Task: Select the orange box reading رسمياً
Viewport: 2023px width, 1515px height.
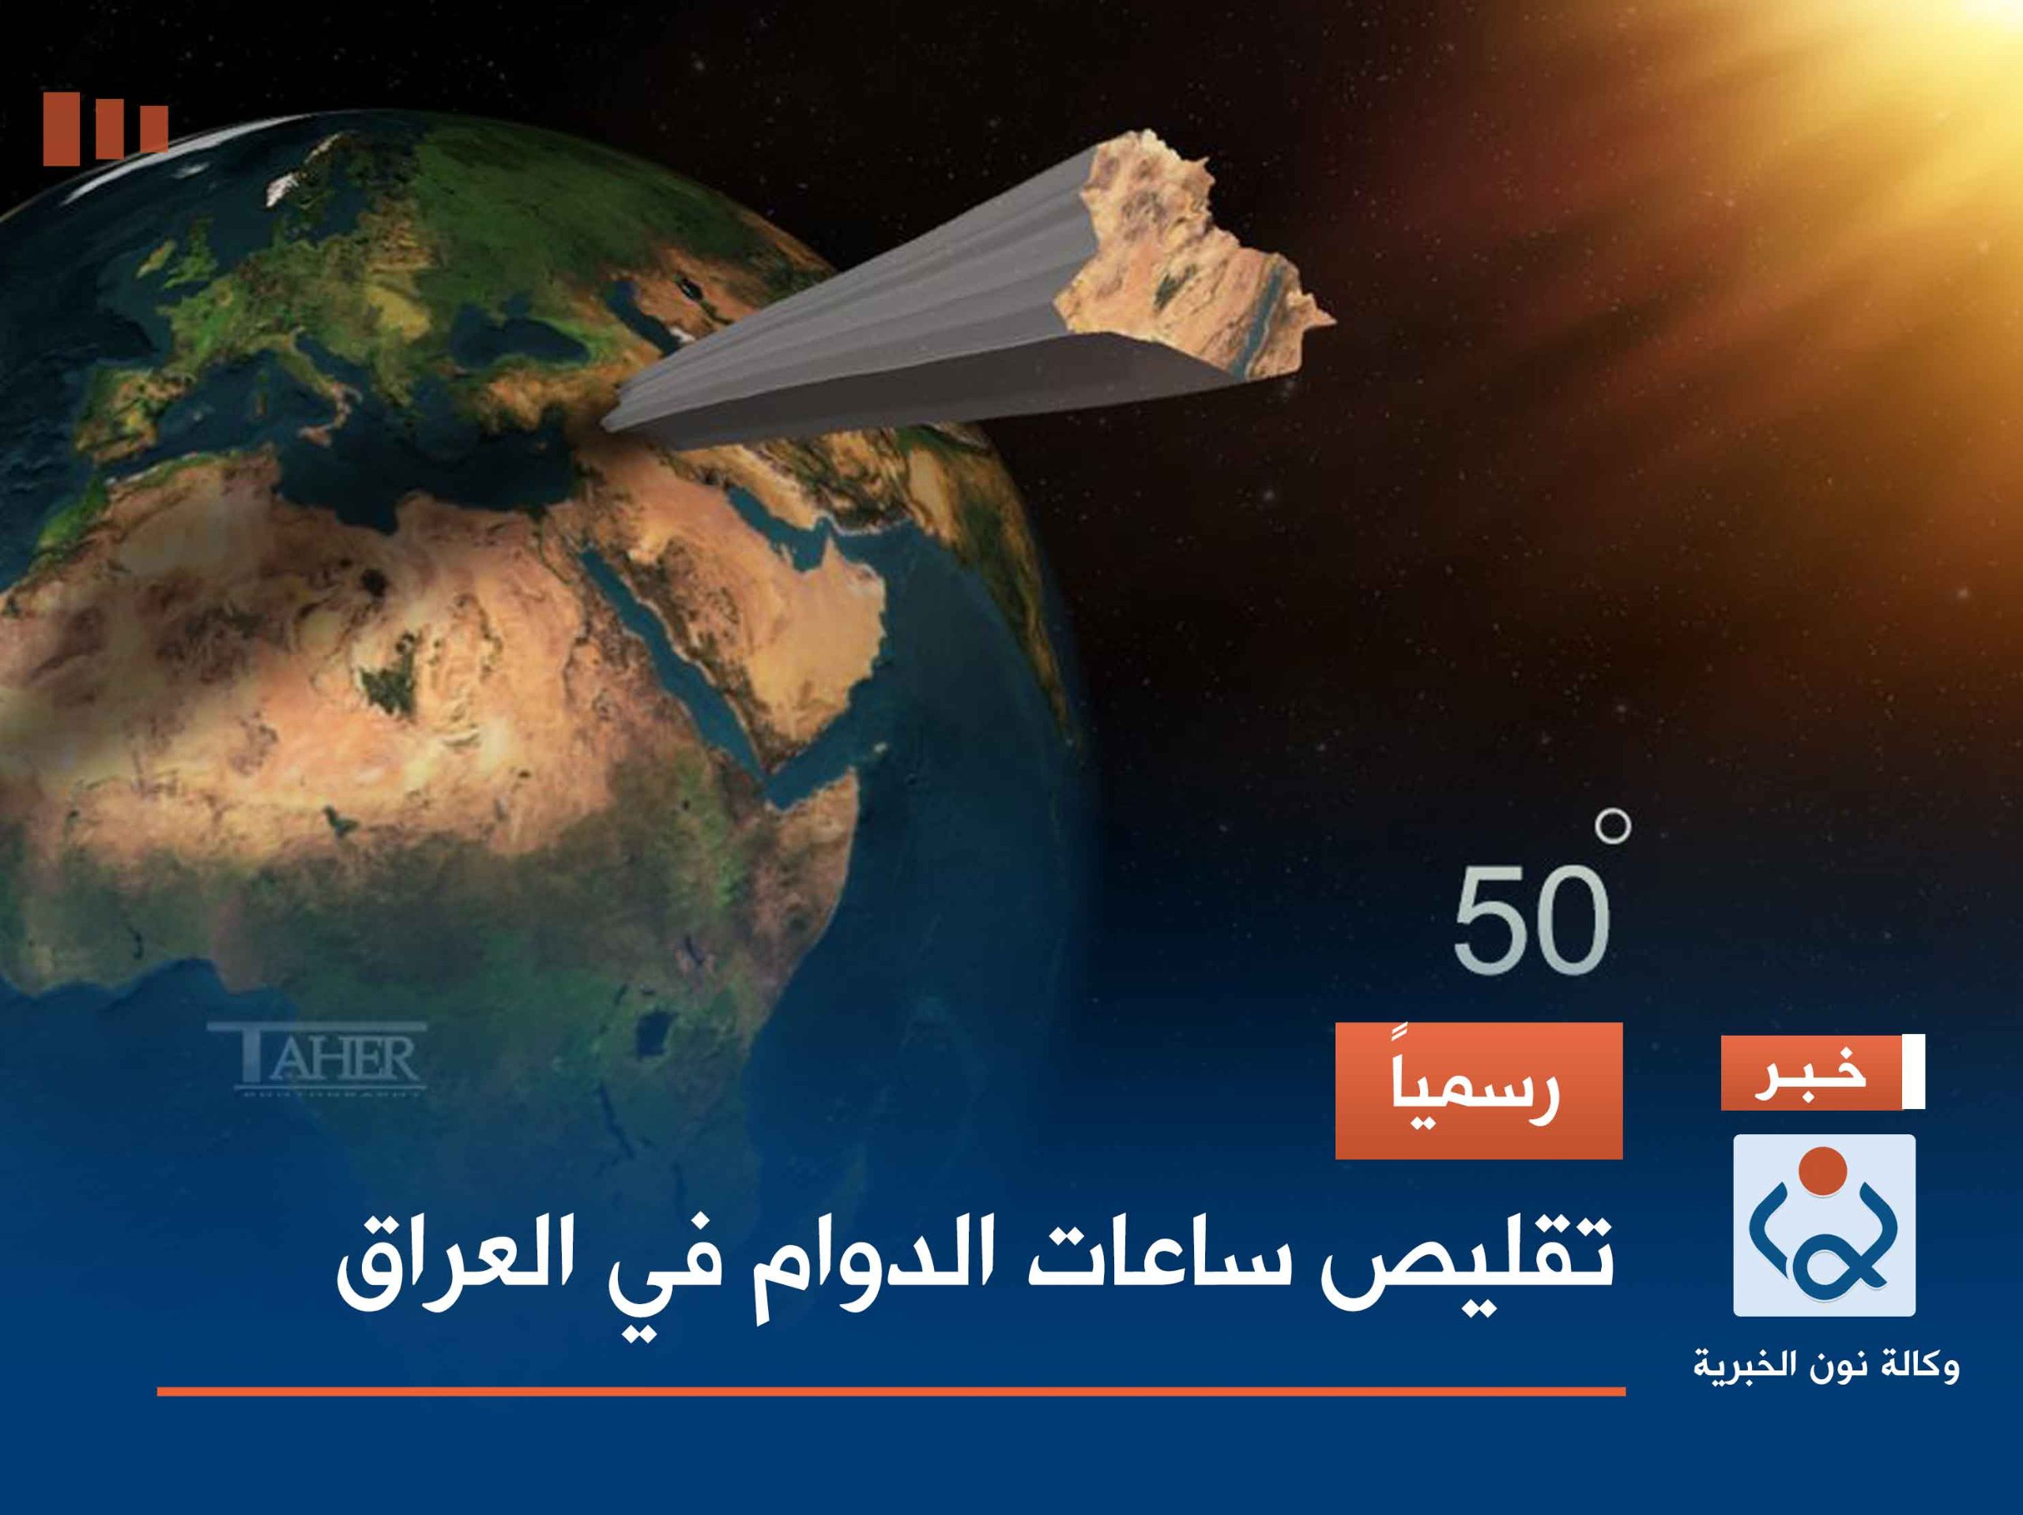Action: (1479, 1091)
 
